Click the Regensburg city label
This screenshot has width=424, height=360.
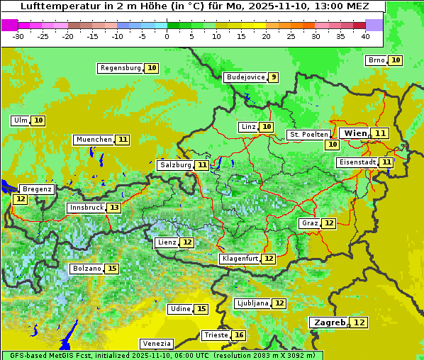click(x=121, y=68)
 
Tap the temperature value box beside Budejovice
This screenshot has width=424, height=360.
click(x=273, y=77)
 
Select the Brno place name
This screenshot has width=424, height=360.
click(x=376, y=60)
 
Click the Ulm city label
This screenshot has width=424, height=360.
click(x=21, y=120)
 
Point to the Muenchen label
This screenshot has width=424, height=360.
click(x=94, y=140)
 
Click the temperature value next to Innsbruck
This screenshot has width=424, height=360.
click(x=114, y=208)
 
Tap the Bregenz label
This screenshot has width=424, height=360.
click(x=37, y=189)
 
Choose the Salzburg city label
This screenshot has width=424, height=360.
click(x=175, y=165)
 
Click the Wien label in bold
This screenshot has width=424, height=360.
click(x=355, y=133)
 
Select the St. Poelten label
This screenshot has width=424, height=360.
click(x=308, y=134)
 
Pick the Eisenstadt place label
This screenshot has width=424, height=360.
click(x=357, y=162)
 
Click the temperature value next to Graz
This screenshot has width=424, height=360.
click(x=329, y=223)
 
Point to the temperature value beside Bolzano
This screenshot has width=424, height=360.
click(x=112, y=269)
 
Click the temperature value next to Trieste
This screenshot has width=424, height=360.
click(x=239, y=335)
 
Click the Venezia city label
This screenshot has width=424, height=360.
click(x=157, y=344)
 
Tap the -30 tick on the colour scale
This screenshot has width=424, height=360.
click(x=18, y=36)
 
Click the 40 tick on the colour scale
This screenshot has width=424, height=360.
click(x=365, y=36)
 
